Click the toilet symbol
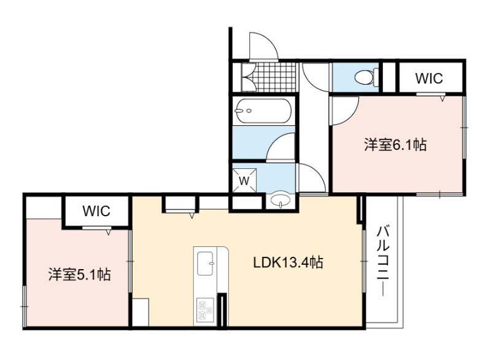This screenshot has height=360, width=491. pyautogui.click(x=367, y=76)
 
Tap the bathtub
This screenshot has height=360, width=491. pyautogui.click(x=264, y=111)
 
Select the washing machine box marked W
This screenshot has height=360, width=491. pyautogui.click(x=244, y=180)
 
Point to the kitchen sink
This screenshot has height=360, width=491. pyautogui.click(x=206, y=264)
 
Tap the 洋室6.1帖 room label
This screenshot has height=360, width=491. pyautogui.click(x=395, y=145)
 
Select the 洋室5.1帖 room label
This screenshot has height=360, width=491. pyautogui.click(x=80, y=275)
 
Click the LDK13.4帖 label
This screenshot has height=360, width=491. pyautogui.click(x=288, y=262)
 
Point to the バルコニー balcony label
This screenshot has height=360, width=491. pyautogui.click(x=383, y=260)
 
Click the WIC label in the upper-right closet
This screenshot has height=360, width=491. pyautogui.click(x=429, y=79)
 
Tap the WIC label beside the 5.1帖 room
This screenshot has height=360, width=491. pyautogui.click(x=96, y=211)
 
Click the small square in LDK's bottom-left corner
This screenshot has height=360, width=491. pyautogui.click(x=141, y=312)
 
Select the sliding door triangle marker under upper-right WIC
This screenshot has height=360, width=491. pyautogui.click(x=442, y=98)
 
